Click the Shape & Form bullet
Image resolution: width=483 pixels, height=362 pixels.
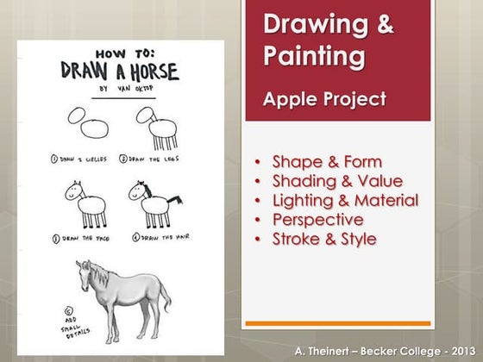point(327,162)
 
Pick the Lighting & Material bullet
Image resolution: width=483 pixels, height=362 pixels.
point(345,200)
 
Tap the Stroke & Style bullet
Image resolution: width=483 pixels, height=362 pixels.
point(323,238)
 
